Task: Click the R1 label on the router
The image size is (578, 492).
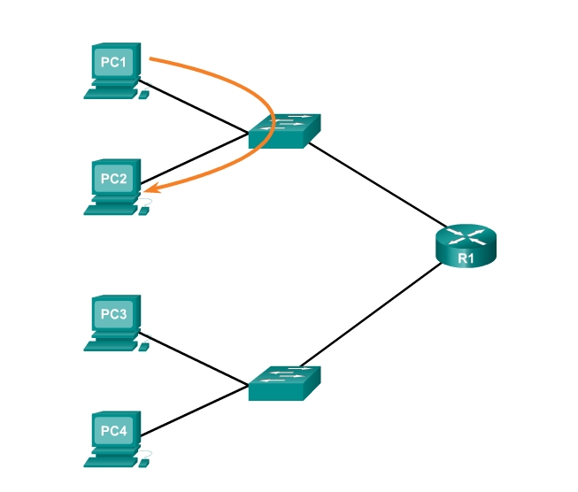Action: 466,258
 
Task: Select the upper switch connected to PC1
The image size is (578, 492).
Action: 283,131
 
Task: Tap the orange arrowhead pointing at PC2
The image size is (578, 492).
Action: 153,188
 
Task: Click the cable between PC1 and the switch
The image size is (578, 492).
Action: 195,110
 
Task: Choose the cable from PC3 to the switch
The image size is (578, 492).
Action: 195,360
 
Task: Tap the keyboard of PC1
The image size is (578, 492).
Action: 110,93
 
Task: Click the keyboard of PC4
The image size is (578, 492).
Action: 111,460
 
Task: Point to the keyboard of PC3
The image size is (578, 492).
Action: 111,345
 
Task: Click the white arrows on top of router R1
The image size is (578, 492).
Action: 466,236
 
